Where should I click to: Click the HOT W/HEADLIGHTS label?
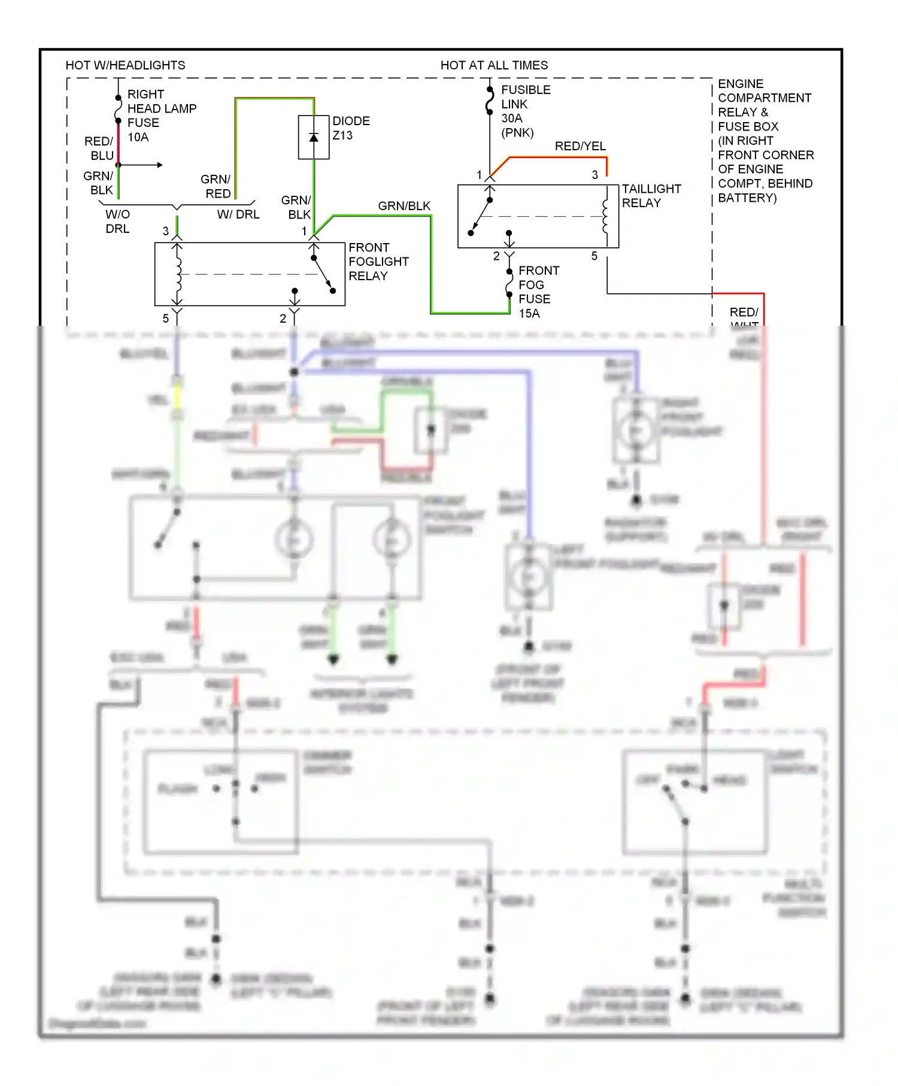[125, 65]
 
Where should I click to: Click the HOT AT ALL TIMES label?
[494, 65]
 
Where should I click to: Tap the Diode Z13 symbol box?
[314, 137]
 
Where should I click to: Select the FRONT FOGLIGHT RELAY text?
[378, 262]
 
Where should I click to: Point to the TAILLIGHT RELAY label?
[651, 196]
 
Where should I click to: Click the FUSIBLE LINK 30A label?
[525, 111]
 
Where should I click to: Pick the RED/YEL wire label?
[580, 146]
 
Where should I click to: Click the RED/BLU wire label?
[99, 148]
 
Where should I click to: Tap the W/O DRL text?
[117, 222]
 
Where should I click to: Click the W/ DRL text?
[238, 214]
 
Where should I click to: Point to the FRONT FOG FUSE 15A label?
[538, 292]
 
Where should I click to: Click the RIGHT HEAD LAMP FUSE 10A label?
[161, 116]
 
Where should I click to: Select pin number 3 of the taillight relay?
[594, 175]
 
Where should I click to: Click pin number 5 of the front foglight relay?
[166, 318]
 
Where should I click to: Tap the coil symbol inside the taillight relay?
[605, 217]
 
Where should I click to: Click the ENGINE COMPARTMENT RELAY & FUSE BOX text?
[764, 141]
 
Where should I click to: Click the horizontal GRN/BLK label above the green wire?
[404, 206]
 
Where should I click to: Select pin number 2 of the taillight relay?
[496, 256]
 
